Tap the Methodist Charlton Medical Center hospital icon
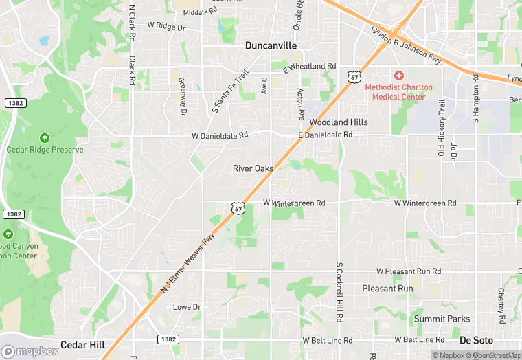click(x=398, y=74)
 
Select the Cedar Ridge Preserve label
click(x=45, y=149)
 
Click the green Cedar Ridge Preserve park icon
click(x=45, y=137)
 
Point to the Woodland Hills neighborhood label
click(x=339, y=122)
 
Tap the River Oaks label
click(x=253, y=168)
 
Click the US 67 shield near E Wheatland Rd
click(x=354, y=77)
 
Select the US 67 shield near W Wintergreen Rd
click(x=238, y=207)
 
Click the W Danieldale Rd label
click(x=220, y=136)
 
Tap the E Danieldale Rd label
click(x=325, y=135)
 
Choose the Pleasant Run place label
click(x=387, y=289)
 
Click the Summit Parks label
click(x=442, y=319)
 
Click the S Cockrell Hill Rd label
click(x=339, y=293)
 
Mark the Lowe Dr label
click(x=186, y=306)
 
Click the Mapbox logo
click(x=30, y=351)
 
